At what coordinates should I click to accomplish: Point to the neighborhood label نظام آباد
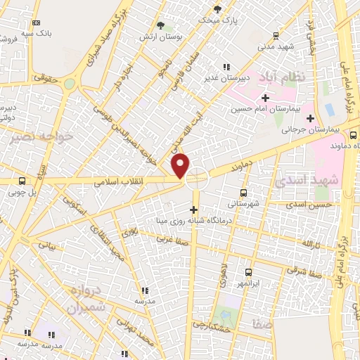283,76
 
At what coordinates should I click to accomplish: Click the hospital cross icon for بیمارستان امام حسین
265,98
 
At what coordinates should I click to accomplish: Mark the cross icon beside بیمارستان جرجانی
310,117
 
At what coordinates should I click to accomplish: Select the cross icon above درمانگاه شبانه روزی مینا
194,209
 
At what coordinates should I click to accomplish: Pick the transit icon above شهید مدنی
276,34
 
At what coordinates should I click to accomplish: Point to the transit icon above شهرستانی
243,192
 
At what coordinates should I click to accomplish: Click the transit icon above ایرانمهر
248,272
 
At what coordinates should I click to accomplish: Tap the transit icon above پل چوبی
22,179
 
